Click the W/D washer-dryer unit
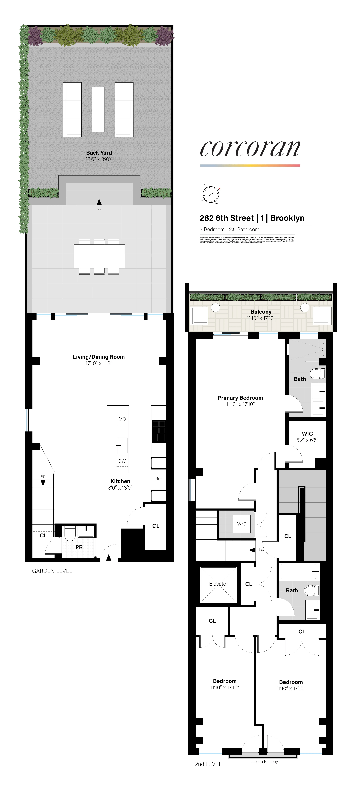pyautogui.click(x=242, y=524)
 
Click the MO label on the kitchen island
pyautogui.click(x=122, y=419)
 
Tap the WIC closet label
pyautogui.click(x=307, y=434)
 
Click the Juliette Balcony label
pyautogui.click(x=264, y=762)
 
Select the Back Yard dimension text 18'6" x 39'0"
pyautogui.click(x=99, y=159)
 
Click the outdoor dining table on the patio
pyautogui.click(x=99, y=256)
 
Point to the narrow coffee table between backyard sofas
pyautogui.click(x=98, y=110)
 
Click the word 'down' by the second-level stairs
pyautogui.click(x=262, y=550)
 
